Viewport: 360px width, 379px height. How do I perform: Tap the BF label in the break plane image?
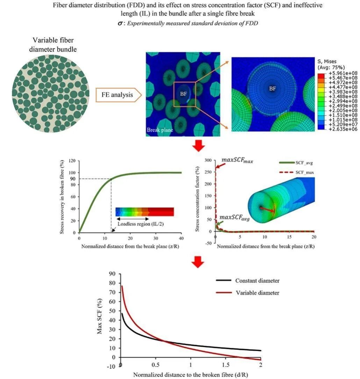point(183,94)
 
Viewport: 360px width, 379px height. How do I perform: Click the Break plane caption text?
point(160,130)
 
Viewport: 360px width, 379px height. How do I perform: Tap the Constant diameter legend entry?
point(257,281)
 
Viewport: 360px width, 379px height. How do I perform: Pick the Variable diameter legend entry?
point(257,293)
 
